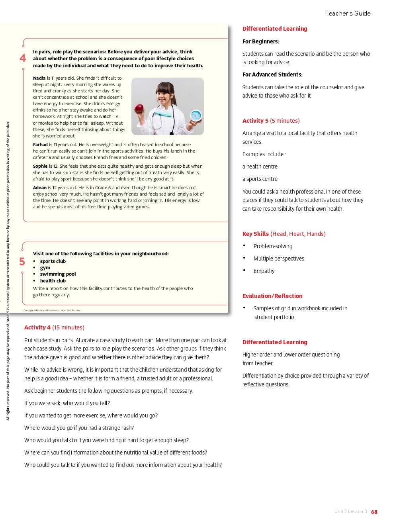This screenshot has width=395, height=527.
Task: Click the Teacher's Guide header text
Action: [x=348, y=14]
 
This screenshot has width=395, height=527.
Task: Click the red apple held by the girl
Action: [x=139, y=108]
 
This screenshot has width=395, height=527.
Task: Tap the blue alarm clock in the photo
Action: [x=196, y=115]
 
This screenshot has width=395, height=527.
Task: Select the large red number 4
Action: [x=23, y=58]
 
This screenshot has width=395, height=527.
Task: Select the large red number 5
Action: [x=22, y=262]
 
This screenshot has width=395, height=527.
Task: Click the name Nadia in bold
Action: [x=39, y=78]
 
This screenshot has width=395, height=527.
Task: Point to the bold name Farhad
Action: [x=40, y=145]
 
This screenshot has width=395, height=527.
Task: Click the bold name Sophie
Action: [x=40, y=166]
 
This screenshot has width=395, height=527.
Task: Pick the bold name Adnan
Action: [x=40, y=188]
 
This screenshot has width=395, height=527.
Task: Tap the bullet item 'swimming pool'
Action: [x=58, y=274]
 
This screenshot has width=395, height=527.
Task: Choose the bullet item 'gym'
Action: [x=45, y=268]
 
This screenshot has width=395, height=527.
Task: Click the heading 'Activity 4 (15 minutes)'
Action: [x=54, y=327]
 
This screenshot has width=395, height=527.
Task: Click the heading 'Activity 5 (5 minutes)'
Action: [x=271, y=121]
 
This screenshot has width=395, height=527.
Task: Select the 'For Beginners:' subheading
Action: [x=261, y=41]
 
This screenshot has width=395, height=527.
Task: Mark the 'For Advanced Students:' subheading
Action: [x=272, y=74]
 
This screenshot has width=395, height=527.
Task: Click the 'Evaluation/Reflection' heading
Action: [x=272, y=296]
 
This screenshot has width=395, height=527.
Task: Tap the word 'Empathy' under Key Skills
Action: [x=264, y=271]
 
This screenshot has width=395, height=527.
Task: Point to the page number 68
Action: [x=374, y=512]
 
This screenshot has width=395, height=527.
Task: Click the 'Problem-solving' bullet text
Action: [x=273, y=246]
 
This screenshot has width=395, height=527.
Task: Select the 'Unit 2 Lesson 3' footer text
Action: [x=350, y=511]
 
